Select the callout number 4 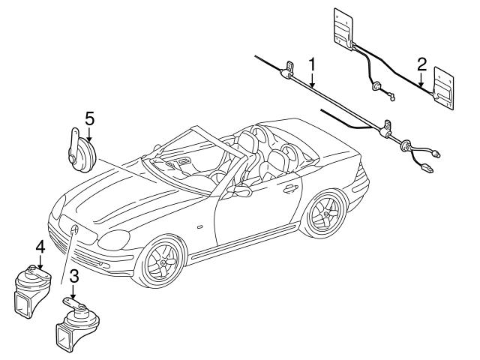coord(40,245)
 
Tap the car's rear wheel coord(328,214)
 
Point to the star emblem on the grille coord(75,229)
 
